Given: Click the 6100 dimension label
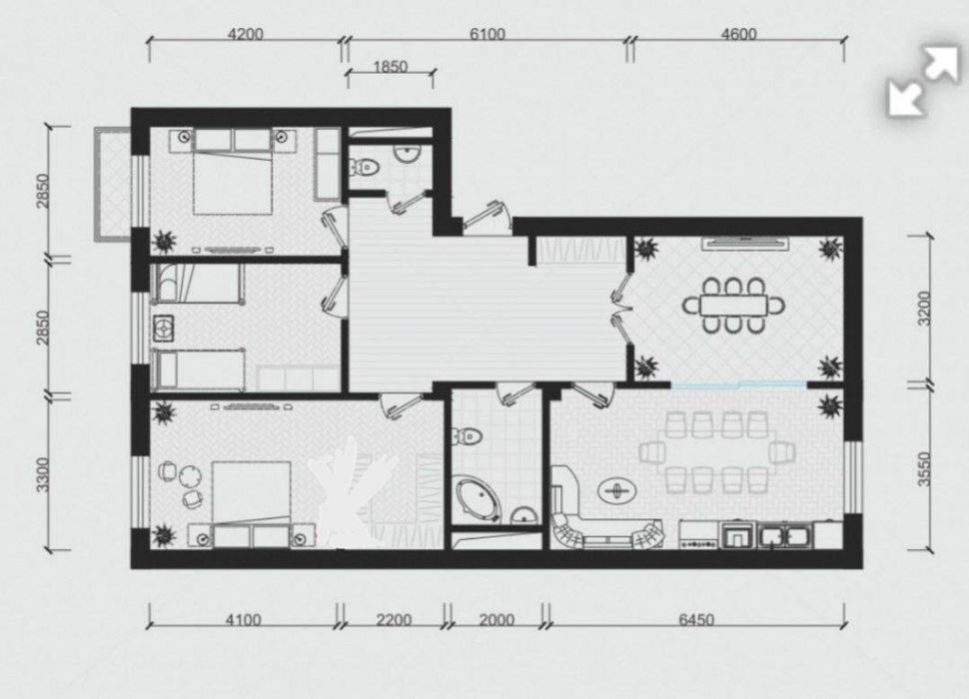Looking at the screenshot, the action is point(486,34).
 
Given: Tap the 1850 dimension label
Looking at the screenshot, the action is point(390,66).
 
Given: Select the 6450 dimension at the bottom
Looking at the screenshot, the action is point(696,619).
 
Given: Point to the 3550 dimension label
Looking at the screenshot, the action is point(924,469).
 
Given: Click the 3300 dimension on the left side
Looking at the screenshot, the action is point(41,474).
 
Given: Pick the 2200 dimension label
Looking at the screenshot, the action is point(394,619).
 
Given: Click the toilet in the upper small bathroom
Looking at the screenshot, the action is point(364,167).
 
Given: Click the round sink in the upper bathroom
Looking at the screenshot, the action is point(407,153).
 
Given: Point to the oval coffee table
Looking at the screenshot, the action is point(616,491).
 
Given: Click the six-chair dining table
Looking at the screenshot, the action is point(733,305).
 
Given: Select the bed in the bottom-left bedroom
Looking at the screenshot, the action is point(252,504).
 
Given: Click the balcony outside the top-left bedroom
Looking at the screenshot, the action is point(113,184).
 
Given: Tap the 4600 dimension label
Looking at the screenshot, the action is point(738,34).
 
